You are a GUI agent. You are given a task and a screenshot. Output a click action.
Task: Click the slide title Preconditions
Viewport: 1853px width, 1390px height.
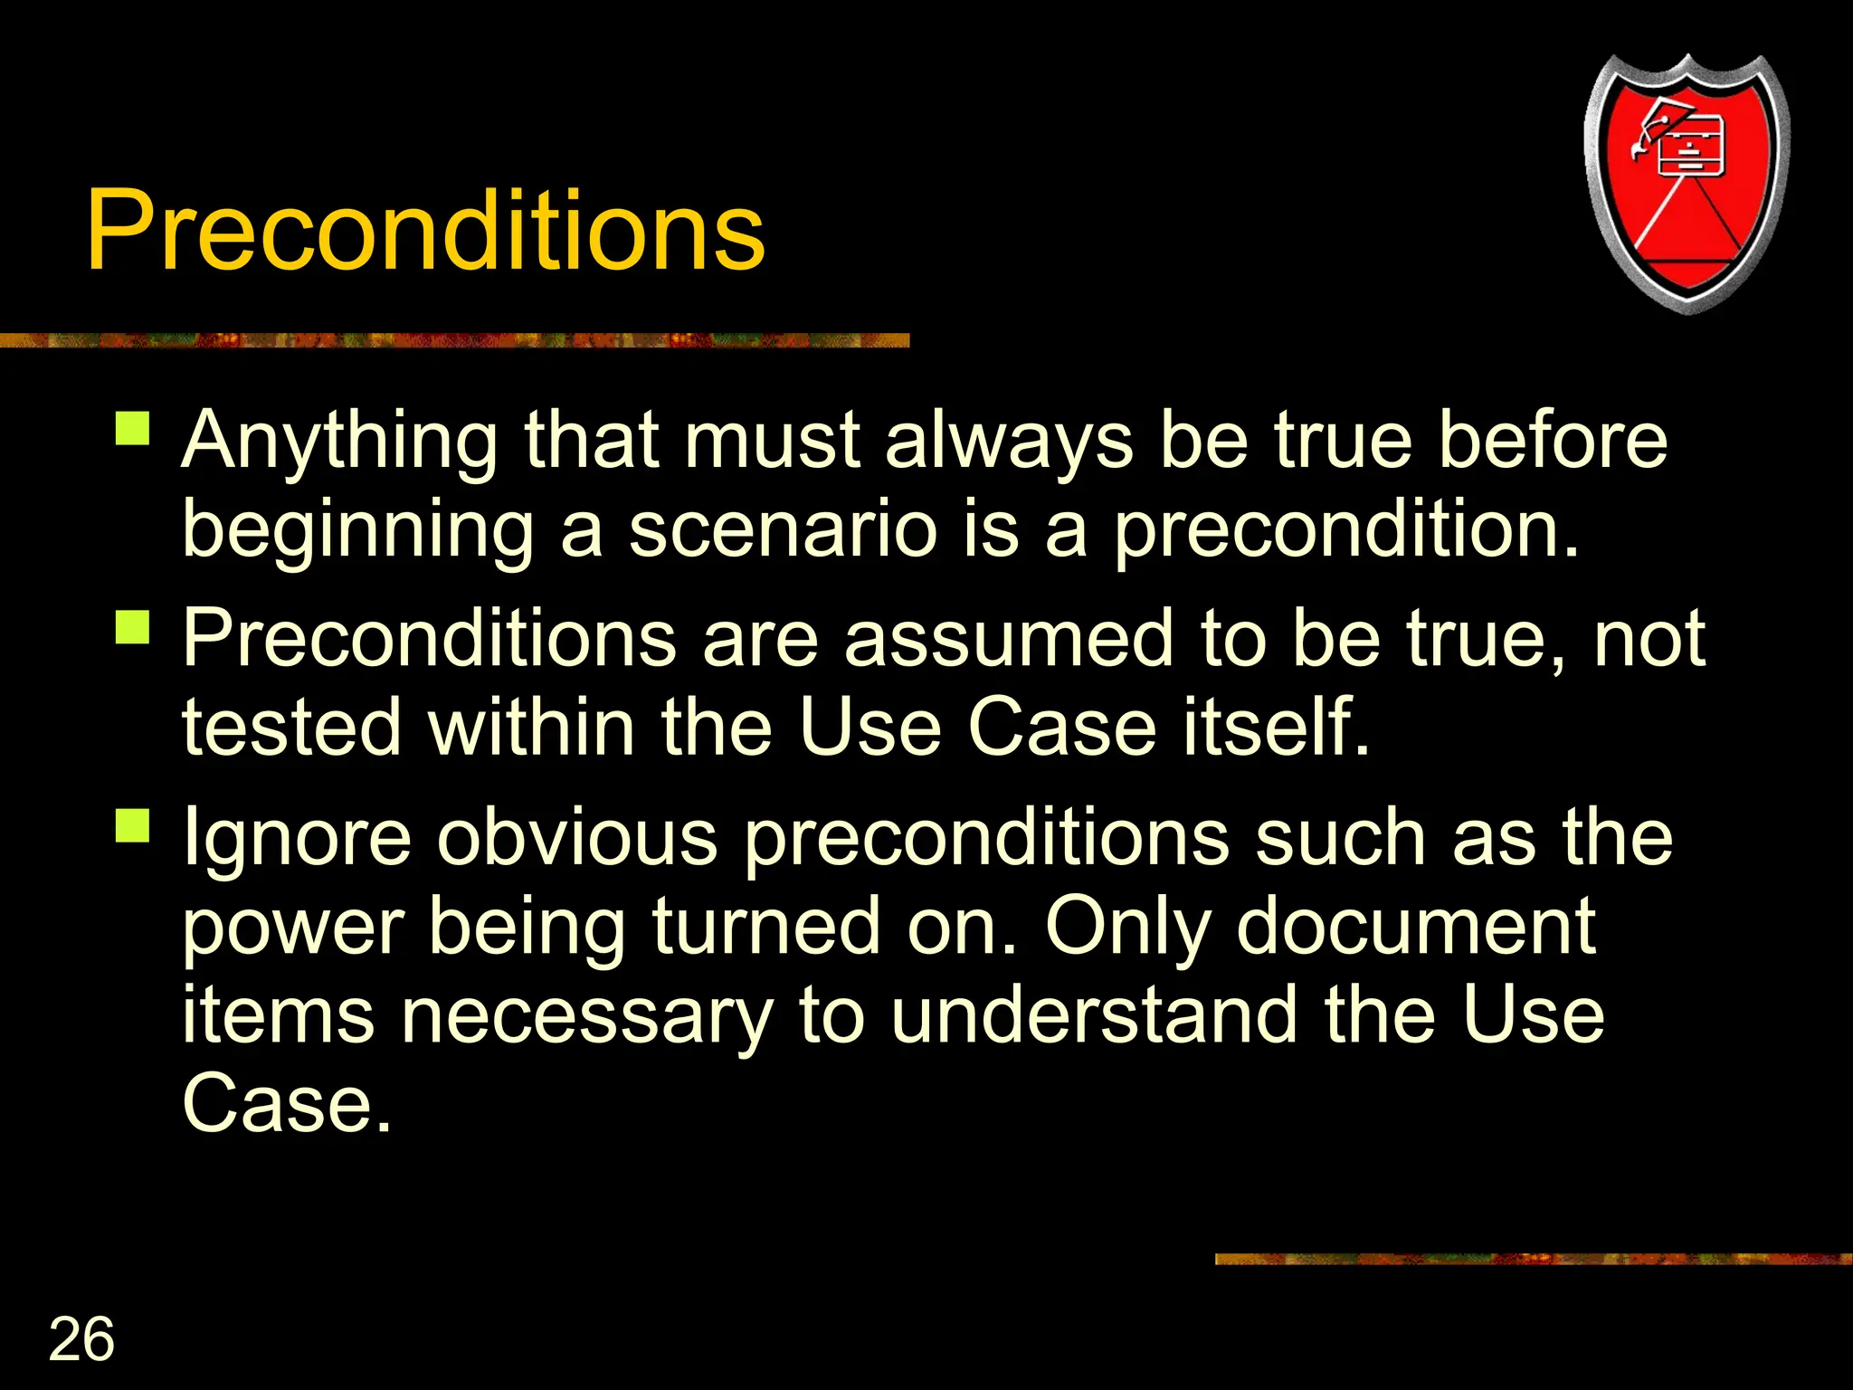coord(425,231)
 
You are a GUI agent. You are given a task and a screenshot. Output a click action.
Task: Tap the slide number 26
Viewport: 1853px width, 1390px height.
coord(81,1339)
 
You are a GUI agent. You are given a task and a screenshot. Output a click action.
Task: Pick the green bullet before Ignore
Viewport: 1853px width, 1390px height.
coord(132,825)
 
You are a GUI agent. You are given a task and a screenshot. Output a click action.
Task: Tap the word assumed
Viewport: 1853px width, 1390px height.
coord(1009,639)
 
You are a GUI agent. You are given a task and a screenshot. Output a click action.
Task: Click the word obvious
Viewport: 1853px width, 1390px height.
coord(577,838)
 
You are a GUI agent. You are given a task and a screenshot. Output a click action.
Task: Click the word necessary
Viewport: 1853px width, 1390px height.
coord(586,1015)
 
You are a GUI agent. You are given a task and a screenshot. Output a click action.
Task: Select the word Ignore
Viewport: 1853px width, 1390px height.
coord(297,840)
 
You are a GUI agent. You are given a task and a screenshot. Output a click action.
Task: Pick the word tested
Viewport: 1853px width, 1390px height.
coord(291,728)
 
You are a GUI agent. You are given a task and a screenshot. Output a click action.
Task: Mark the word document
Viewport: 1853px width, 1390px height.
coord(1415,927)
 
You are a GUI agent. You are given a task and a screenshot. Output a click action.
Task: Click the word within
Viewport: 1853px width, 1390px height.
coord(531,728)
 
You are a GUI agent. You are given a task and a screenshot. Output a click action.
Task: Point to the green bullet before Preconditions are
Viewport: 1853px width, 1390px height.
coord(132,626)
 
